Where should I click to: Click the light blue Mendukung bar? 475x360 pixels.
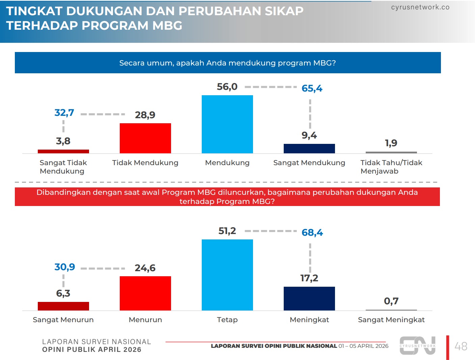pos(227,124)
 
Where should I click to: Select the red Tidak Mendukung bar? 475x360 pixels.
pos(145,138)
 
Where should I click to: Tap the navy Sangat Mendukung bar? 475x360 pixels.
pos(309,149)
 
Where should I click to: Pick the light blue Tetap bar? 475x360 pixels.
pos(227,275)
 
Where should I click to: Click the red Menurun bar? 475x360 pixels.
pos(145,293)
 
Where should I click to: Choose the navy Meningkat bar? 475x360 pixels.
pos(309,299)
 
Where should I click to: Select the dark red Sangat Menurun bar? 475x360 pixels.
pos(63,306)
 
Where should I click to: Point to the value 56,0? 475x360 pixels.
pos(227,87)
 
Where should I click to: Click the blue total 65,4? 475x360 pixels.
pos(312,88)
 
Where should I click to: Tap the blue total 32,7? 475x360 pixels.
pos(64,113)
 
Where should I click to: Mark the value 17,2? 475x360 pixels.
pos(309,278)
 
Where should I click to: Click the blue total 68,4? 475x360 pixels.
pos(312,233)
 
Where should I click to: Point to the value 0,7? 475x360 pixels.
pos(391,301)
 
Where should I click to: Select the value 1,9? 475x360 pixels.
pos(391,143)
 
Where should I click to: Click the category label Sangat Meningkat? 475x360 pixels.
pos(391,320)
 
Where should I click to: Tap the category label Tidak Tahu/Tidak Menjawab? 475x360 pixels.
pos(391,167)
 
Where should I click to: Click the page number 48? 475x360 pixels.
pos(461,346)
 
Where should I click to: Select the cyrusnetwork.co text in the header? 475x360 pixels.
pos(420,7)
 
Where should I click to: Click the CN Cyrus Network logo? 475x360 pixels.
pos(418,345)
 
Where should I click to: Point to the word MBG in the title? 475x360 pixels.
pos(167,26)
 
